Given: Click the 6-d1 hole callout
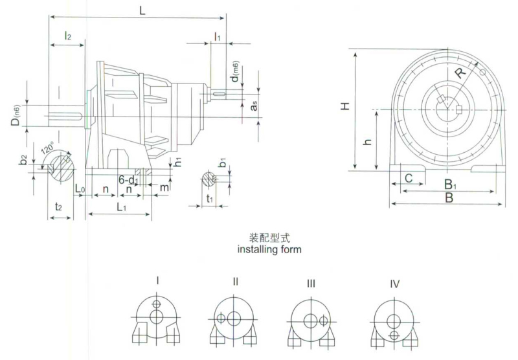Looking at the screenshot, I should click(x=129, y=179).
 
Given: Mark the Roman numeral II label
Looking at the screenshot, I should click(x=235, y=282).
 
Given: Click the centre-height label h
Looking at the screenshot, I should click(x=366, y=142).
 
